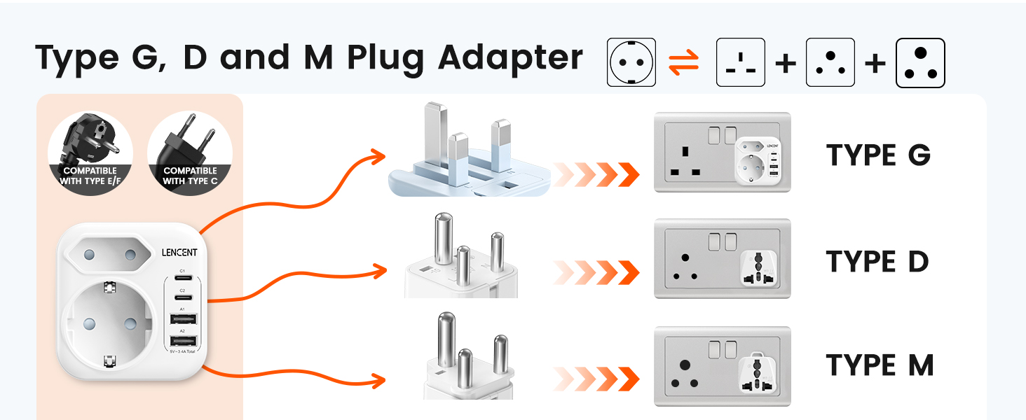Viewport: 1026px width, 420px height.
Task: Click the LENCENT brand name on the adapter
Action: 179,253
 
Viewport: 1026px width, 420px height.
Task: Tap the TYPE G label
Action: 878,155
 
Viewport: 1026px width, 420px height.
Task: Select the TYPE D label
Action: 877,261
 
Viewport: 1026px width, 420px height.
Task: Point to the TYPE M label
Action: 880,365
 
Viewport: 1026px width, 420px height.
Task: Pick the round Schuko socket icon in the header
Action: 631,62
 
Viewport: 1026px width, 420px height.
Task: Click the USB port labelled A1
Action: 182,320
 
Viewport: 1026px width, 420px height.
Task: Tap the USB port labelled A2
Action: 182,341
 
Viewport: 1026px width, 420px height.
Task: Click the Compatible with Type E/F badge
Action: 90,154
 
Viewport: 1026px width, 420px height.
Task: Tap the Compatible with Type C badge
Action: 190,154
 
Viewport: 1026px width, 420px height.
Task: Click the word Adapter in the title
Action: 510,57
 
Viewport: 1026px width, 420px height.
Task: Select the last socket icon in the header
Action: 920,63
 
